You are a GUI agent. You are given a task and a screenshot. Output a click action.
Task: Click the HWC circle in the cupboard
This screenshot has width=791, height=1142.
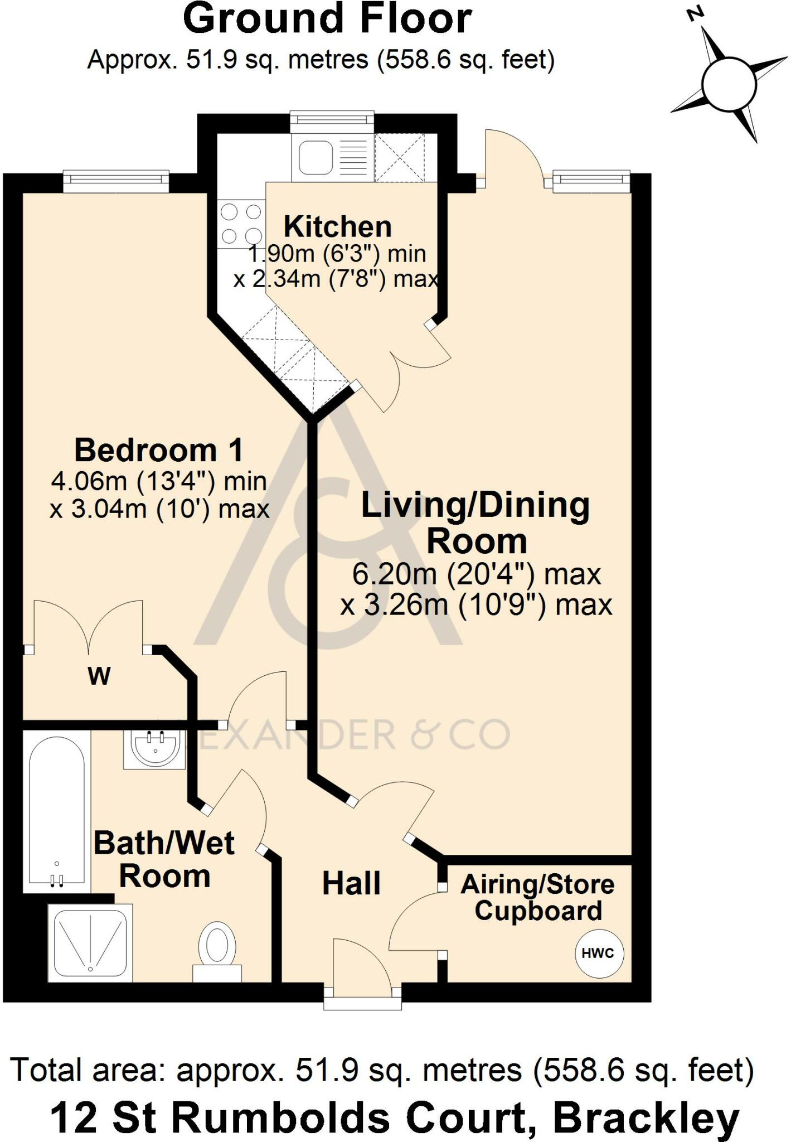tap(599, 953)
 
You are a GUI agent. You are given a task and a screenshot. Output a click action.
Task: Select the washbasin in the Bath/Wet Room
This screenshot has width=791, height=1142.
tap(154, 750)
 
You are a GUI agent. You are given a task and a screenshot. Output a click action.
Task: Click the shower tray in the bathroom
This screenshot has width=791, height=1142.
tap(90, 942)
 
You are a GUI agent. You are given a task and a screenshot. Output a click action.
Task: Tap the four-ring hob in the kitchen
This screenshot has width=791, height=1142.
tap(241, 224)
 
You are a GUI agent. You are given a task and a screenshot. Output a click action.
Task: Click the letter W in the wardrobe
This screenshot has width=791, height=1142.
tap(99, 676)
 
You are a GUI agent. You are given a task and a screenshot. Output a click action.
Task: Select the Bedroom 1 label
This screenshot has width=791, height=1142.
tap(159, 450)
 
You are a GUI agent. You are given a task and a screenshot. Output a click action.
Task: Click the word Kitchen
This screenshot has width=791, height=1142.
tap(338, 227)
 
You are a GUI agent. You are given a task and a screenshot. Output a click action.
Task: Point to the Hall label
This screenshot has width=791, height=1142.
tap(351, 884)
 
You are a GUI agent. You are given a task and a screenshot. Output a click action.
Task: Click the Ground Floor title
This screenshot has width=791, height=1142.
tap(327, 19)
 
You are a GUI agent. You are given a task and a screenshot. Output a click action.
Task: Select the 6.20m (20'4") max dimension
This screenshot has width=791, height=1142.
tap(477, 574)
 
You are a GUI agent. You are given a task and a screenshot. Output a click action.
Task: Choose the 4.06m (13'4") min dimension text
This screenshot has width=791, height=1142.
tap(159, 481)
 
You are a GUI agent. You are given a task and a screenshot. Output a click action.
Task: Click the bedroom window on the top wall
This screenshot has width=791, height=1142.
tap(116, 181)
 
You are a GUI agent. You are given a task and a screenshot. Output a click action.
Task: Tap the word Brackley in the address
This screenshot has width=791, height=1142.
tap(646, 1119)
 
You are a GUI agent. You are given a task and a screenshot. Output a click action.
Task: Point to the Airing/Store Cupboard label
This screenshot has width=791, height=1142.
tap(538, 898)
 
